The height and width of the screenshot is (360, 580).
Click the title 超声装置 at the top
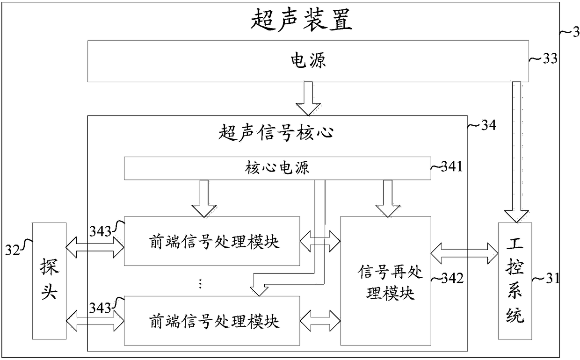click(301, 20)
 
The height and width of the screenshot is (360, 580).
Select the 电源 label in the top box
click(308, 61)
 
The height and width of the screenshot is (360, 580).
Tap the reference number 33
click(550, 58)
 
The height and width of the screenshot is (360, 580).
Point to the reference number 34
click(489, 125)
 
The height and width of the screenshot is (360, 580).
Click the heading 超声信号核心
click(276, 132)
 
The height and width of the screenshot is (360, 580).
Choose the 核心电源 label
click(277, 168)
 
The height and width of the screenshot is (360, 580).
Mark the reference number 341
click(451, 166)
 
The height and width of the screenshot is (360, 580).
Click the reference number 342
click(452, 279)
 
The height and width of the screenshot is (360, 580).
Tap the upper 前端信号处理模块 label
click(214, 242)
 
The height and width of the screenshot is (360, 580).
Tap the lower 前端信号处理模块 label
click(214, 322)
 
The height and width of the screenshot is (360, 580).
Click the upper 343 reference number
click(100, 231)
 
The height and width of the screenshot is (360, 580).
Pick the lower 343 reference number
click(100, 308)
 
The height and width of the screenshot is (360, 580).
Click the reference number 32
click(13, 250)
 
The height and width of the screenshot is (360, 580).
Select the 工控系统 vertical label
click(515, 281)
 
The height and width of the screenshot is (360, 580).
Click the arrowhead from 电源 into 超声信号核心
click(308, 109)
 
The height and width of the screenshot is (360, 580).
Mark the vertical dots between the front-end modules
click(200, 284)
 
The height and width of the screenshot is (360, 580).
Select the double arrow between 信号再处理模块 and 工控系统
click(464, 253)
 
